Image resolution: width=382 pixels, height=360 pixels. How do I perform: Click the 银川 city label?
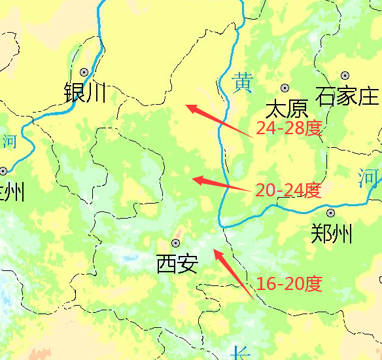pyautogui.click(x=85, y=94)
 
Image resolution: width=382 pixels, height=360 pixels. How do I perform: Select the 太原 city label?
pyautogui.click(x=286, y=108)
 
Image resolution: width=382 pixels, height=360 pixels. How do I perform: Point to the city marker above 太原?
pyautogui.click(x=285, y=88)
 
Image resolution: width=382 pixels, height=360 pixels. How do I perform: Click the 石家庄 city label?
pyautogui.click(x=347, y=97)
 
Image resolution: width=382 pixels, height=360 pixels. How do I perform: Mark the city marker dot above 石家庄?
pyautogui.click(x=345, y=77)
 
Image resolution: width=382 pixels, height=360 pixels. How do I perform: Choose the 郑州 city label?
pyautogui.click(x=332, y=233)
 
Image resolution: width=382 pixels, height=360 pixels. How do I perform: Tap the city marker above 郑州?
pyautogui.click(x=330, y=213)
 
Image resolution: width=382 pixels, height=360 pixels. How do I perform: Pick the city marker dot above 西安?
pyautogui.click(x=175, y=243)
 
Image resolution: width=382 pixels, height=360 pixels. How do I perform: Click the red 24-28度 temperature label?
pyautogui.click(x=288, y=128)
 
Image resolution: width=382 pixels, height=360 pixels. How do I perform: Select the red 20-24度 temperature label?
pyautogui.click(x=288, y=190)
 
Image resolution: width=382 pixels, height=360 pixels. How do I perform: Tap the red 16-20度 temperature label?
pyautogui.click(x=289, y=284)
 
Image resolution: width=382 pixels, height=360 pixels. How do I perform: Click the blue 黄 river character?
pyautogui.click(x=243, y=82)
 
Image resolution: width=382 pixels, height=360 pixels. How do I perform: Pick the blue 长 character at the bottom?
pyautogui.click(x=241, y=353)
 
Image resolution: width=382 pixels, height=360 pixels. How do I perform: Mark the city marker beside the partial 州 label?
pyautogui.click(x=3, y=171)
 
